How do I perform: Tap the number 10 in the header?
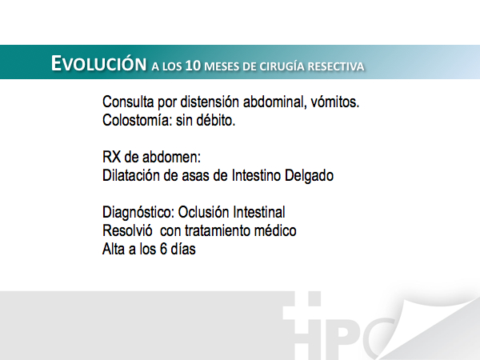[193, 66]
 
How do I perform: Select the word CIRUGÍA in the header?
[282, 66]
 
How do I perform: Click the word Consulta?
[128, 102]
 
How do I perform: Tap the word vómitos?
[335, 102]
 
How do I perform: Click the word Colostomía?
[136, 120]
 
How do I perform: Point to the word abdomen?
[171, 157]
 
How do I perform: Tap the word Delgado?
[309, 176]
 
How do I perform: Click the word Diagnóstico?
[138, 213]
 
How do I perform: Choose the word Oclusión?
[203, 212]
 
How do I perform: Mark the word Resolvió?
[127, 230]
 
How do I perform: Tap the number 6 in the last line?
[163, 249]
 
